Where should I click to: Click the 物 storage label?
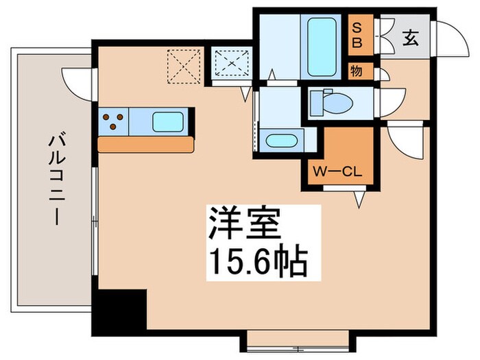coord(357,71)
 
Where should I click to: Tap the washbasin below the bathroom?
coord(281,141)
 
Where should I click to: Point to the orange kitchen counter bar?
coord(147,145)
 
